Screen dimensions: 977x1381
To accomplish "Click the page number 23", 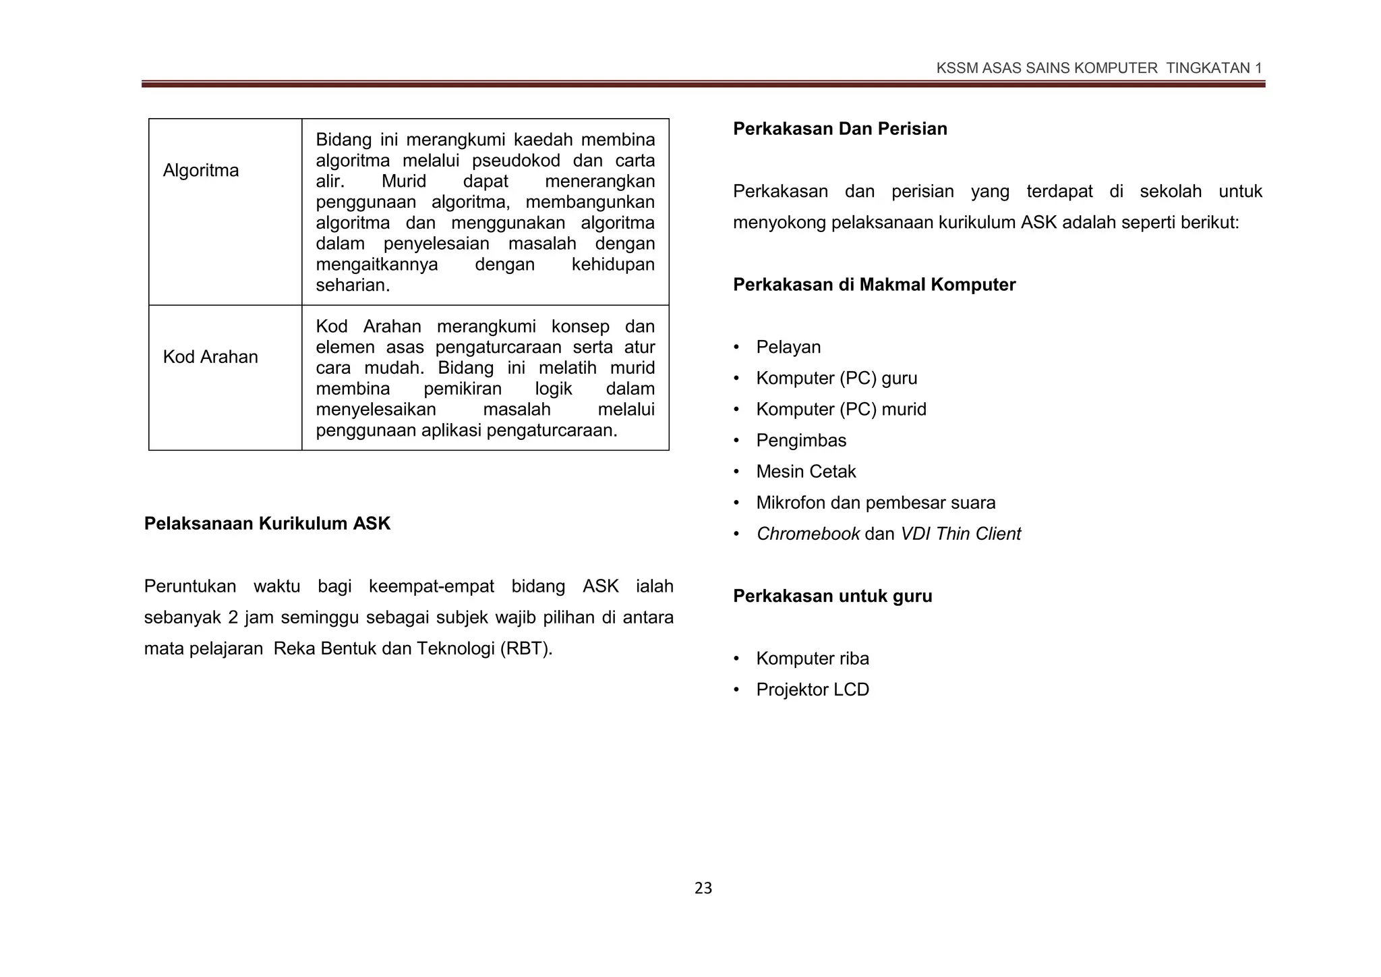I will (703, 889).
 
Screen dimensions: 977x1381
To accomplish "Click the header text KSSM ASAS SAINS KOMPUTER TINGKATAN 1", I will (1098, 68).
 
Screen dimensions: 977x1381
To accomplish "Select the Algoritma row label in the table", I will (201, 170).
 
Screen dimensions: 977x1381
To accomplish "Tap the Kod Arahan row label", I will (210, 357).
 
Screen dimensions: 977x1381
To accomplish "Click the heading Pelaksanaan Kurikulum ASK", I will (267, 524).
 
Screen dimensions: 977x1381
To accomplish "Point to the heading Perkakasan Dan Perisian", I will (840, 129).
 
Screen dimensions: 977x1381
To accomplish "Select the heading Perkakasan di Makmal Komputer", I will (874, 285).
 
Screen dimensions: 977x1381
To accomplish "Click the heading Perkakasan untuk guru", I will (832, 596).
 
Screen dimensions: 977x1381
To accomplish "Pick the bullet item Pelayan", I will (788, 347).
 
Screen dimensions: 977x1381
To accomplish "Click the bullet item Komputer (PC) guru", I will (836, 379).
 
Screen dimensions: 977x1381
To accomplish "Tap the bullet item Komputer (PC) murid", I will (841, 410).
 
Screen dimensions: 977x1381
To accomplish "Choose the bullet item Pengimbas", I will (800, 441).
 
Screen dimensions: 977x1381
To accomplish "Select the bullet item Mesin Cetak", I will (806, 472).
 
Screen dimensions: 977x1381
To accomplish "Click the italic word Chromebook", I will (808, 534).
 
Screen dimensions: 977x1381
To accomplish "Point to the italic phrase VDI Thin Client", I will (960, 534).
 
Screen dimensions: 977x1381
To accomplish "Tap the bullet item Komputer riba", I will (812, 659).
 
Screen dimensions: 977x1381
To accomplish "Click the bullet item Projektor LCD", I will (812, 690).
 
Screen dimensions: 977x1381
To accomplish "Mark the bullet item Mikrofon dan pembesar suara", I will (875, 503).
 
